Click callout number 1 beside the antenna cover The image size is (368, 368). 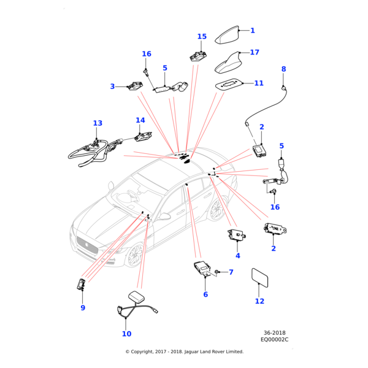(252, 31)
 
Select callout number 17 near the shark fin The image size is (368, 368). (254, 53)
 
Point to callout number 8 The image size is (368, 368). (283, 69)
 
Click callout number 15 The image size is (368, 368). (202, 37)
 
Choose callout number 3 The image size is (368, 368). (112, 86)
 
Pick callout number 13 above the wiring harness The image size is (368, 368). (98, 123)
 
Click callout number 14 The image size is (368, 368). (140, 120)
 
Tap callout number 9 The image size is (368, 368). (83, 308)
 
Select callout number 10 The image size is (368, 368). (126, 334)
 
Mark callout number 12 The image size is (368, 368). (259, 301)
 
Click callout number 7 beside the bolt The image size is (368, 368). (231, 272)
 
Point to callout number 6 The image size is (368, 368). (205, 294)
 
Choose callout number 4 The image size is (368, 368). (237, 256)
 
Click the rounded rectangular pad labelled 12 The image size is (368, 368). (260, 277)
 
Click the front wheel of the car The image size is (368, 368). (134, 255)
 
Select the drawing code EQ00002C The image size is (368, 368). (274, 339)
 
